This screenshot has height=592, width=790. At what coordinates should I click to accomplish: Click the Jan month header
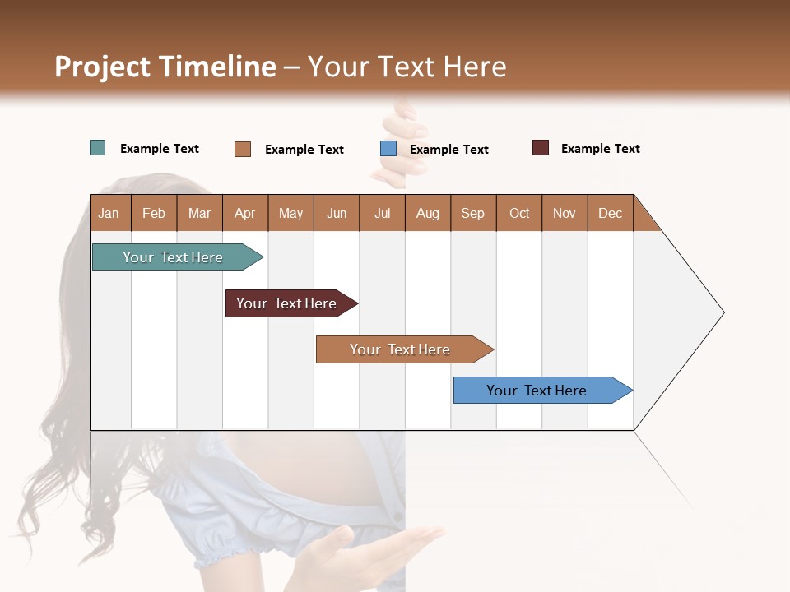(x=109, y=213)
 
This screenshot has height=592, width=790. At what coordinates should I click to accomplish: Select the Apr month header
(x=244, y=213)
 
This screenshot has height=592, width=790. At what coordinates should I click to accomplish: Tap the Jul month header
(x=382, y=213)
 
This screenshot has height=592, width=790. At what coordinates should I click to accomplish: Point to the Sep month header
(x=472, y=213)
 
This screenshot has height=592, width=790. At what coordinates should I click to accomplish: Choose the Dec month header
(x=610, y=213)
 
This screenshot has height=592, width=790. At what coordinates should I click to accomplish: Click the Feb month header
(x=154, y=213)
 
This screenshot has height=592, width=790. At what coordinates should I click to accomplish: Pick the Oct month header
(x=519, y=213)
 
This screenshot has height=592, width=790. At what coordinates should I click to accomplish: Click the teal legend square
(x=98, y=148)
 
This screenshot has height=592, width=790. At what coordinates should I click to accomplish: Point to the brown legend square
(x=243, y=149)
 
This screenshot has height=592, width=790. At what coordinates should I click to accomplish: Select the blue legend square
(x=388, y=149)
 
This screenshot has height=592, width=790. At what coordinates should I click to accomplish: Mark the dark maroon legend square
(x=541, y=148)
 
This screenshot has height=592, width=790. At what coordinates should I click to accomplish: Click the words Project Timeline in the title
(x=165, y=67)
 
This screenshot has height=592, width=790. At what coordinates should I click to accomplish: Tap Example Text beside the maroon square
(x=600, y=149)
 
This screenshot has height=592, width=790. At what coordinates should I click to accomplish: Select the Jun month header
(x=337, y=213)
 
